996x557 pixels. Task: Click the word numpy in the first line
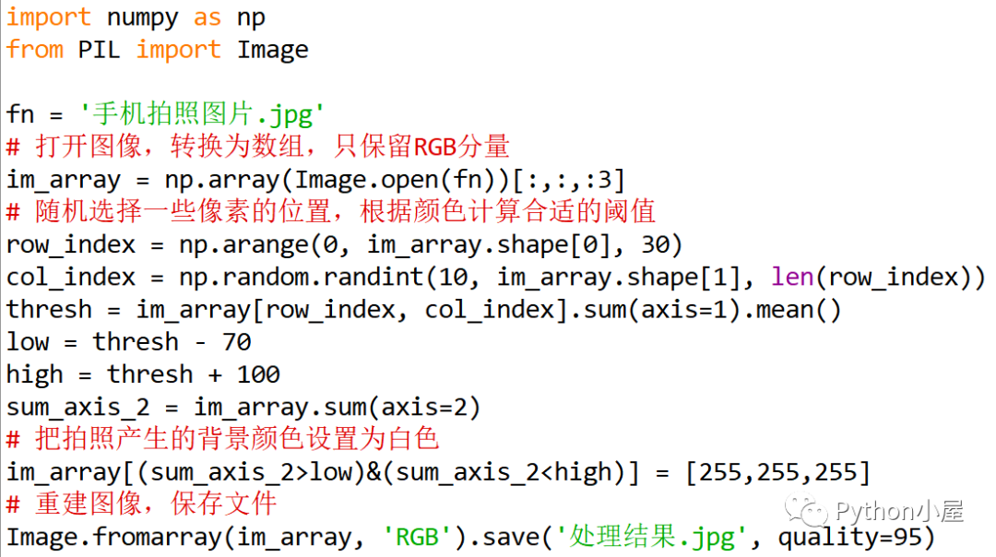click(142, 17)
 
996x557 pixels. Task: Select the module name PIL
click(99, 49)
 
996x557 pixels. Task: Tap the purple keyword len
click(791, 277)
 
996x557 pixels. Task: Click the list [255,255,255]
click(777, 472)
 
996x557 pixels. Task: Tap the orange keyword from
click(34, 49)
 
